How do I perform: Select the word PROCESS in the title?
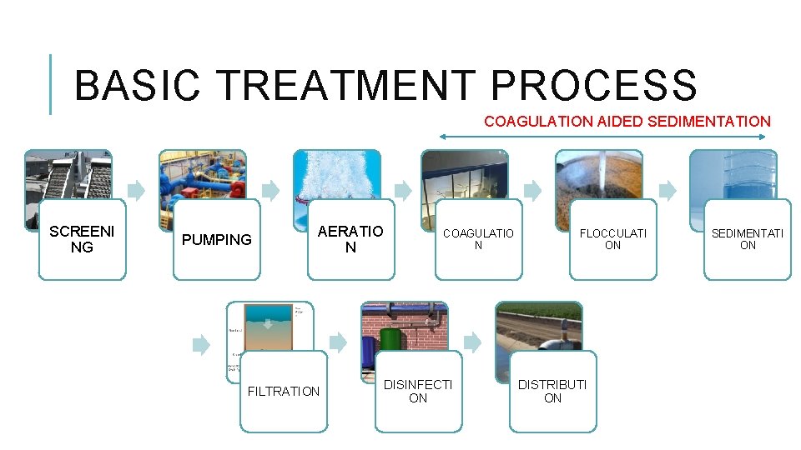coord(593,85)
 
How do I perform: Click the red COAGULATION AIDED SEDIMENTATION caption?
coord(627,122)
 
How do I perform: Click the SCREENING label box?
coord(83,239)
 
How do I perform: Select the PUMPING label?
coord(217,240)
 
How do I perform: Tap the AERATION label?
coord(351,239)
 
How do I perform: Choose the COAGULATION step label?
coord(478,239)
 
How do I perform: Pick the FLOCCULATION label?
coord(612,239)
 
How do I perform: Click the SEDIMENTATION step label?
coord(748,239)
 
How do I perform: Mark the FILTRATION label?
coord(284,391)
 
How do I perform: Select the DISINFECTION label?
coord(418,391)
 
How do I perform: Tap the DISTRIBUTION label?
coord(552,391)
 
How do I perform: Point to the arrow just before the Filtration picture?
coord(201,342)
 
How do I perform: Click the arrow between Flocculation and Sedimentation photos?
coord(667,190)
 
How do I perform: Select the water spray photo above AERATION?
coord(336,175)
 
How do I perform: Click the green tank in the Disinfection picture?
coord(390,340)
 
